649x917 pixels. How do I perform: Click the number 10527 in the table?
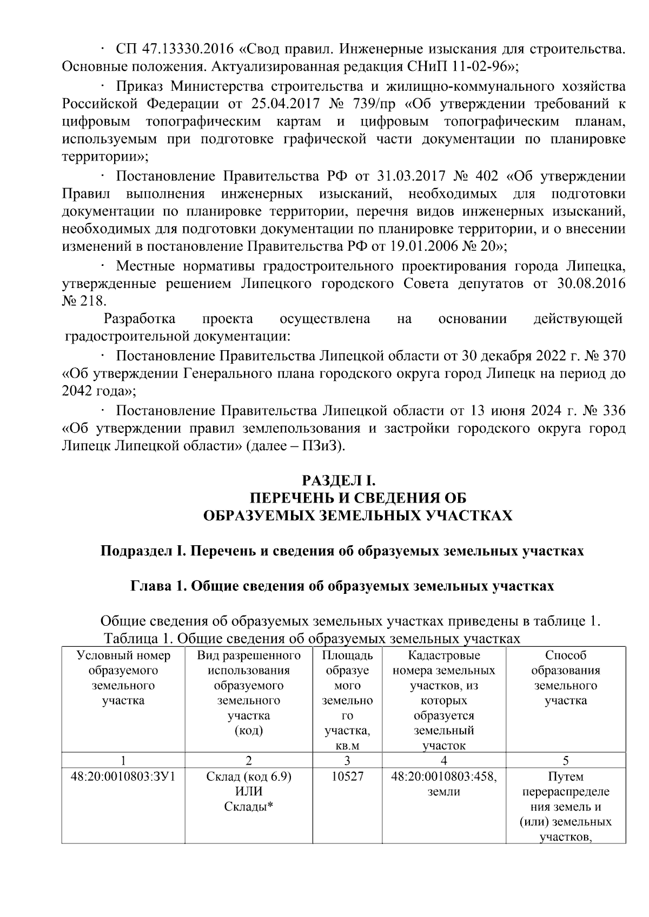347,777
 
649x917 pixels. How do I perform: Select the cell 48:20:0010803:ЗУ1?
123,777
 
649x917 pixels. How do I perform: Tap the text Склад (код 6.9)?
249,777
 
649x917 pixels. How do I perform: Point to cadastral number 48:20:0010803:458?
444,777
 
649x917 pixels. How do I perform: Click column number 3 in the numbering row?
347,761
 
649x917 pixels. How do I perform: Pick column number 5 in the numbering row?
566,761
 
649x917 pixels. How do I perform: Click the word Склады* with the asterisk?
249,807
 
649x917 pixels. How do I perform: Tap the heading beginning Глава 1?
342,586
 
